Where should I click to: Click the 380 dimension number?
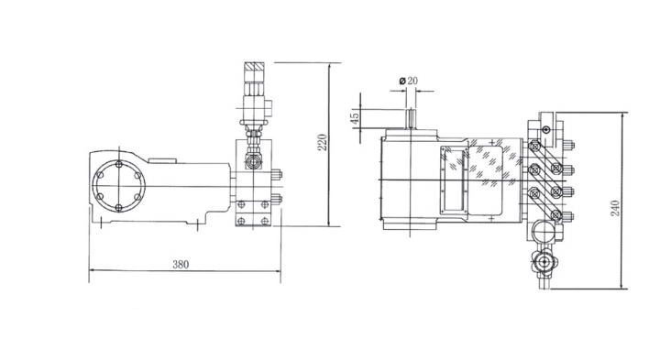click(181, 264)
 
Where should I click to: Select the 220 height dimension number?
click(323, 142)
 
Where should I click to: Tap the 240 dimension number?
click(615, 208)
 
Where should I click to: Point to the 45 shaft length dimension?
click(355, 118)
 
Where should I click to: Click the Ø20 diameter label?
click(409, 81)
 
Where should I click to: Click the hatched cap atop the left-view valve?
click(254, 67)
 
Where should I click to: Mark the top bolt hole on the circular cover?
click(119, 164)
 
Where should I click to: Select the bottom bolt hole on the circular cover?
click(119, 207)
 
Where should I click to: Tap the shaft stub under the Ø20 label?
click(411, 119)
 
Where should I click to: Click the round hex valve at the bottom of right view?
click(544, 262)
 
